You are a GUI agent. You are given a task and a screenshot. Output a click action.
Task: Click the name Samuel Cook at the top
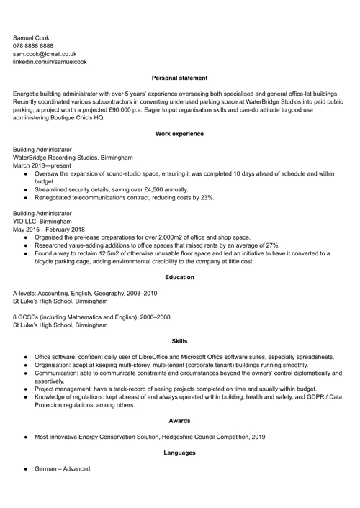coord(32,37)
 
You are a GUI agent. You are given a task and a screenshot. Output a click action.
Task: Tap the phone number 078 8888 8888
coord(32,45)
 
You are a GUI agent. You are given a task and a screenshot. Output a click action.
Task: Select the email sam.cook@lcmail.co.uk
coord(45,54)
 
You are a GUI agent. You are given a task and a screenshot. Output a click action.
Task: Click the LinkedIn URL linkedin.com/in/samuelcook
coord(50,62)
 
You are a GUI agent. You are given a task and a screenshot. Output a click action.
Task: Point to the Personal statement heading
coord(180,78)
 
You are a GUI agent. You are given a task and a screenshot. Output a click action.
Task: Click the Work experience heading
coord(180,134)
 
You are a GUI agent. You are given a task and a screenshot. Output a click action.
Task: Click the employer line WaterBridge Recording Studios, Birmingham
coord(73,157)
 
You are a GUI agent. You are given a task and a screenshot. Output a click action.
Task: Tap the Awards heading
coord(180,421)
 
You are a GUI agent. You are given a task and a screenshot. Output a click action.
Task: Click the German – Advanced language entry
coord(62,468)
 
